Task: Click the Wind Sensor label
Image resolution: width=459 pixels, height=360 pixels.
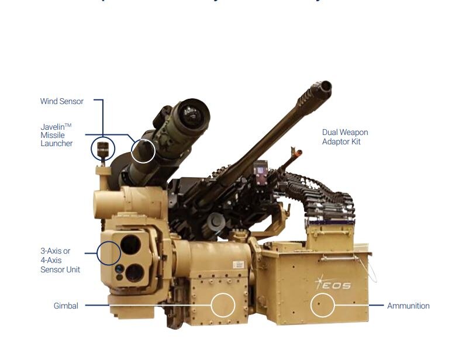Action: [61, 101]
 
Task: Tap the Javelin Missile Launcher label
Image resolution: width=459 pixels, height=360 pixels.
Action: [56, 135]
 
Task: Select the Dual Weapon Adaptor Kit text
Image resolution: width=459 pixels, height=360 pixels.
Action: [345, 137]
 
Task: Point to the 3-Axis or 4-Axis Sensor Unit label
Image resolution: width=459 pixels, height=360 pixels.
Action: [60, 260]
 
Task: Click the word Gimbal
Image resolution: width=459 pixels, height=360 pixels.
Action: [65, 306]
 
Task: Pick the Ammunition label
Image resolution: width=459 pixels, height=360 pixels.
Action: [408, 306]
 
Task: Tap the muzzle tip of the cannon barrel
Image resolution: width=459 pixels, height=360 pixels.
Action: [325, 88]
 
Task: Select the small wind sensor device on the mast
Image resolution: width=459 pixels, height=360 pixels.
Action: [103, 148]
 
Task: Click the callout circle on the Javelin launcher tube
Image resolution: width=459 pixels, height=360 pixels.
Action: [143, 151]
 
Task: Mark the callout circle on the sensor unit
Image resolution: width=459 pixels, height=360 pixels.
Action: [109, 253]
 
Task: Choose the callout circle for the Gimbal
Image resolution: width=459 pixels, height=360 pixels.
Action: [222, 305]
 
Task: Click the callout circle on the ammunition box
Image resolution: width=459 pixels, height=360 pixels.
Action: [322, 305]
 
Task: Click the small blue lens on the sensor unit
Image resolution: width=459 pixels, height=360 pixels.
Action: [119, 268]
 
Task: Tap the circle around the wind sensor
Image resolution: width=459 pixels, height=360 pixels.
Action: [103, 147]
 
